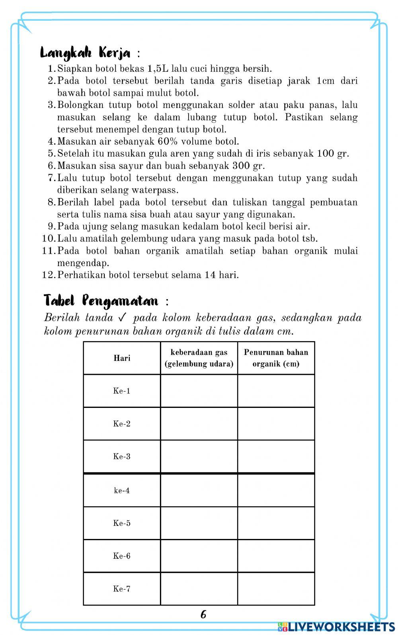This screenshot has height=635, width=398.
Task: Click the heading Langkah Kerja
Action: pyautogui.click(x=86, y=53)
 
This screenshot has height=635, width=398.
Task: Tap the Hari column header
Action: pyautogui.click(x=122, y=358)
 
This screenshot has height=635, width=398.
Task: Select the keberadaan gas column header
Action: pyautogui.click(x=199, y=358)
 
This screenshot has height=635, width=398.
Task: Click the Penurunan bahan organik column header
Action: pyautogui.click(x=276, y=358)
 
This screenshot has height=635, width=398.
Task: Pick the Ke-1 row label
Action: pyautogui.click(x=122, y=391)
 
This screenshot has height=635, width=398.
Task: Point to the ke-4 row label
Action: pyautogui.click(x=122, y=490)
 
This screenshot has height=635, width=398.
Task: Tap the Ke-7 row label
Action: pyautogui.click(x=122, y=589)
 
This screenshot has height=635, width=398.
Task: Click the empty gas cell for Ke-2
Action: pyautogui.click(x=199, y=423)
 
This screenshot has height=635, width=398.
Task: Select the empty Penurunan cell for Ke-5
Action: pyautogui.click(x=276, y=523)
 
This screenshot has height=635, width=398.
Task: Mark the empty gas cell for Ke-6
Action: pyautogui.click(x=199, y=556)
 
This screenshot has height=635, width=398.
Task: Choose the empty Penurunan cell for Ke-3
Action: pyautogui.click(x=276, y=457)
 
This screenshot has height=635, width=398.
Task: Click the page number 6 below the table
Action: pyautogui.click(x=203, y=614)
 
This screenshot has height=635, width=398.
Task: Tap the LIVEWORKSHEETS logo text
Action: pyautogui.click(x=341, y=627)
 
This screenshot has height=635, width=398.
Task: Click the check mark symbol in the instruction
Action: pyautogui.click(x=122, y=318)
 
